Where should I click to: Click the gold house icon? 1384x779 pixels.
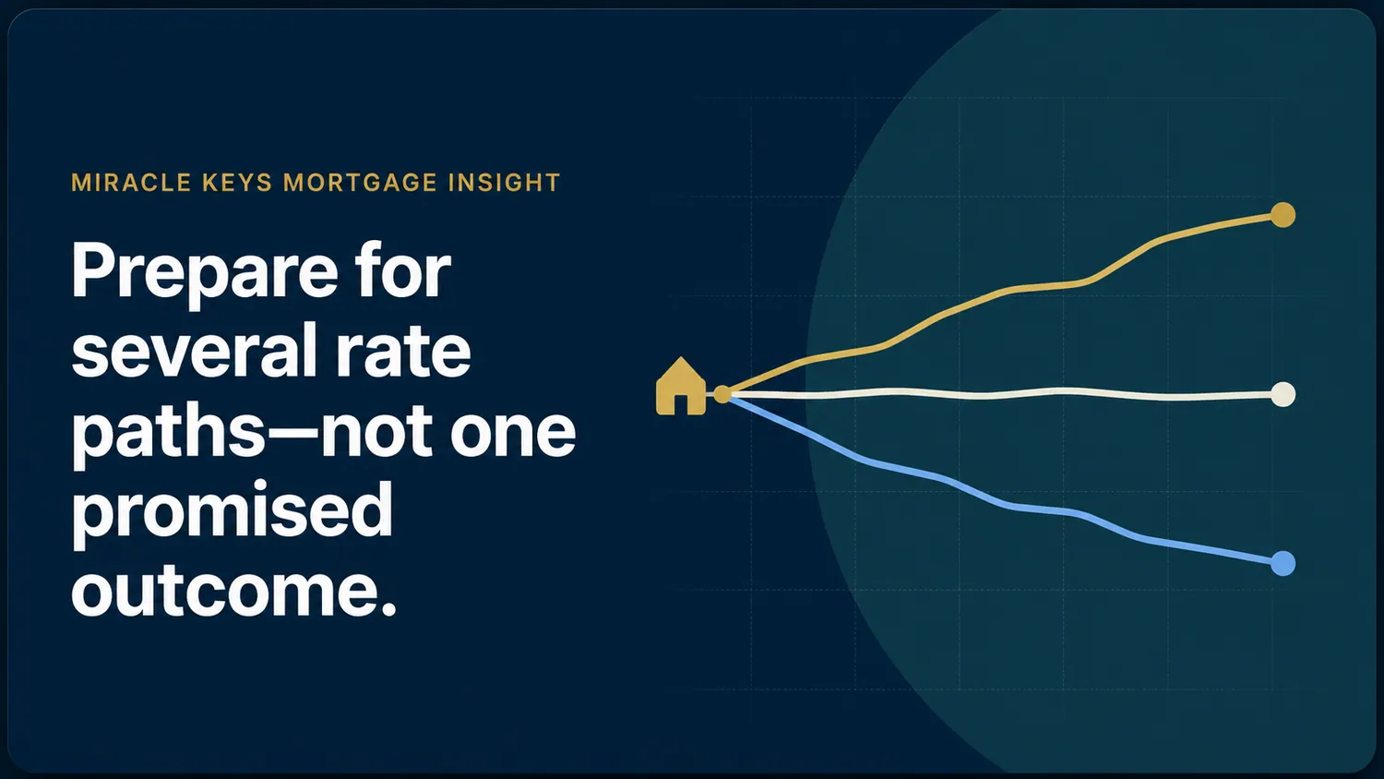(680, 386)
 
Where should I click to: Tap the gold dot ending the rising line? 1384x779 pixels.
(1283, 215)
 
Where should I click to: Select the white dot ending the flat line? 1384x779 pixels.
(1283, 394)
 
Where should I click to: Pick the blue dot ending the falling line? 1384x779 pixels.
(1283, 563)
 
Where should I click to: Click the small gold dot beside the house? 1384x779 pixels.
(722, 394)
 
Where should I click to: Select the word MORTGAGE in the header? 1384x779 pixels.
(360, 183)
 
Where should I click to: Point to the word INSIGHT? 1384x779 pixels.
(504, 183)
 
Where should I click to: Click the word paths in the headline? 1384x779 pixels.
(169, 434)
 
